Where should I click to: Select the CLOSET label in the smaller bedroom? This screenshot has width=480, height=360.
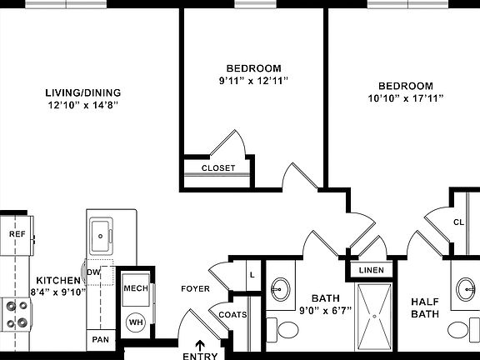tap(218, 167)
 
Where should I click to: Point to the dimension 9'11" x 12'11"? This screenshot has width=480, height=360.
tap(254, 82)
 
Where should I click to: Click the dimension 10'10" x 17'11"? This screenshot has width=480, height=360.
tap(406, 99)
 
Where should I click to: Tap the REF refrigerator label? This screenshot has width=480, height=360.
tap(17, 235)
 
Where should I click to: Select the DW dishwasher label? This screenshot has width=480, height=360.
tap(93, 272)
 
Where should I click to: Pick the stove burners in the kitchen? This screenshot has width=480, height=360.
tap(16, 314)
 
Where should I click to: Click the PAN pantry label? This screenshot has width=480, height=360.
tap(100, 339)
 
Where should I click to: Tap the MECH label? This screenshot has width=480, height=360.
tap(136, 288)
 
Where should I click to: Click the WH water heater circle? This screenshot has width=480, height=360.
tap(135, 321)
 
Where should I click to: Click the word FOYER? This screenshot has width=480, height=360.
tap(195, 289)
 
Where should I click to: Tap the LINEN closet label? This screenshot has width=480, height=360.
tap(371, 271)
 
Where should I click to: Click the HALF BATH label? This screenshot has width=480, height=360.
tap(425, 307)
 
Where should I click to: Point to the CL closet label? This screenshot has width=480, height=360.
tap(458, 222)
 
